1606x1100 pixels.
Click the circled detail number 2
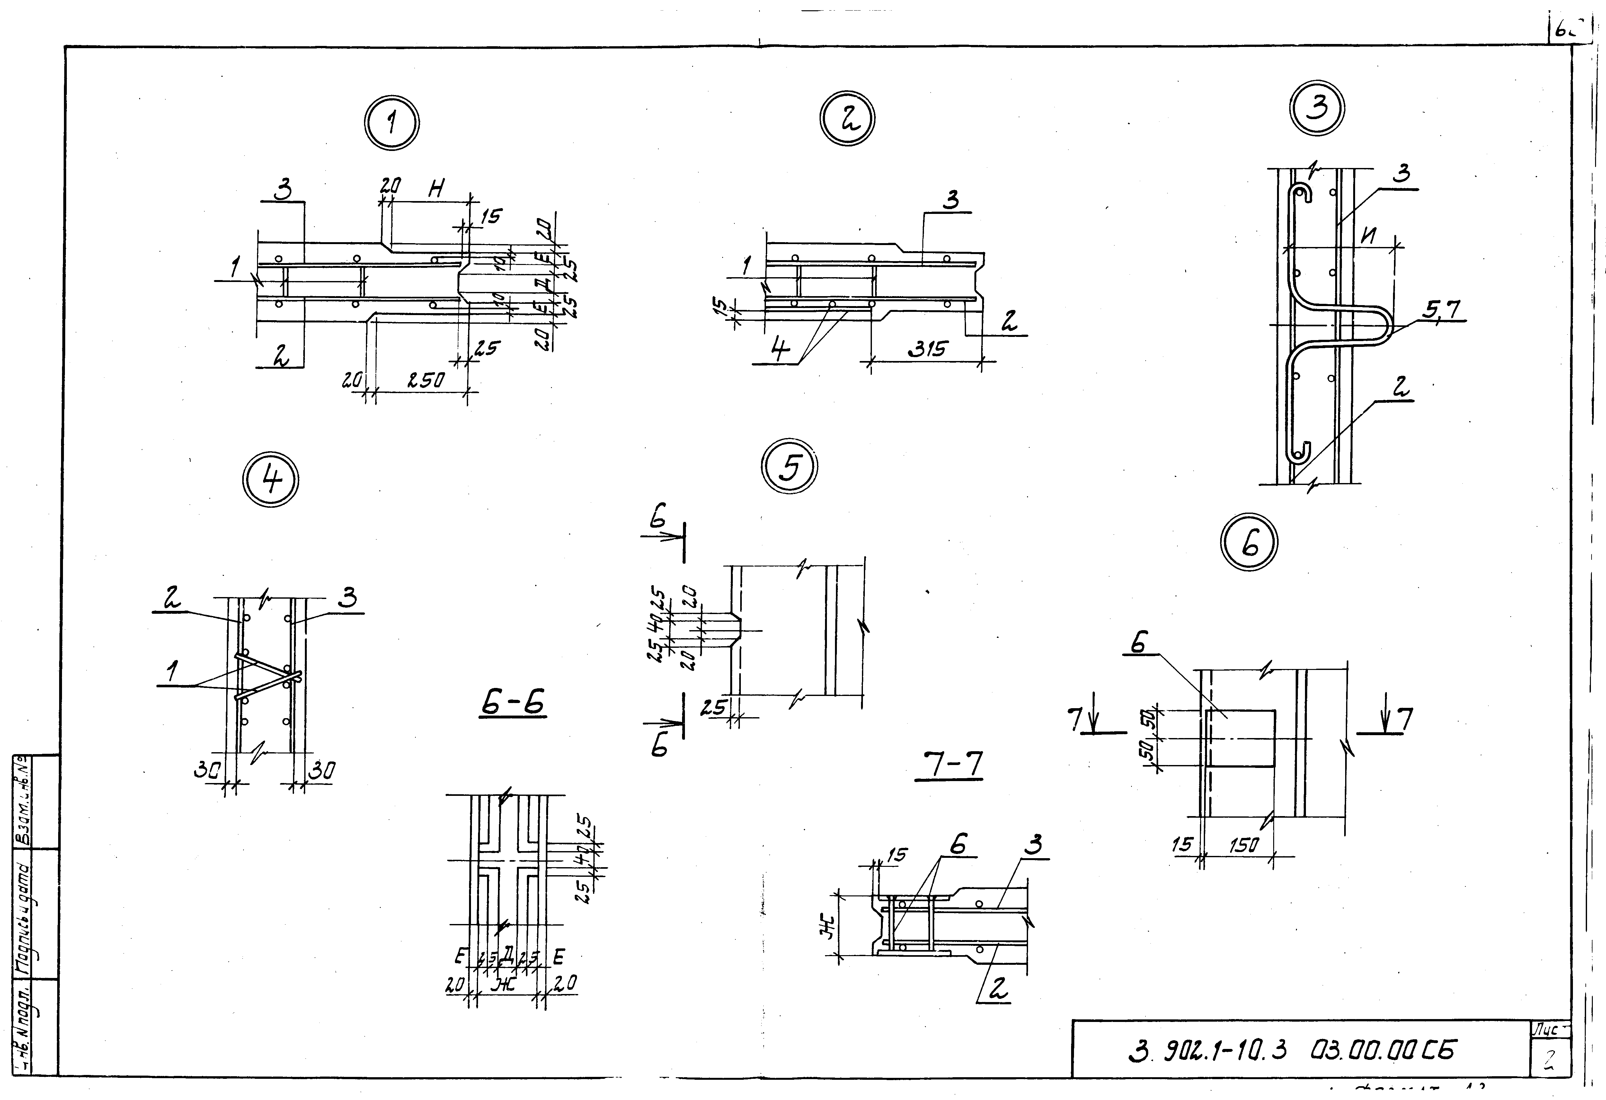[x=847, y=119]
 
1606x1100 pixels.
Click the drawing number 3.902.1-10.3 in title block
[x=1209, y=1051]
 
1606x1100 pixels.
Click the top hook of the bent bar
[x=1302, y=193]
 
